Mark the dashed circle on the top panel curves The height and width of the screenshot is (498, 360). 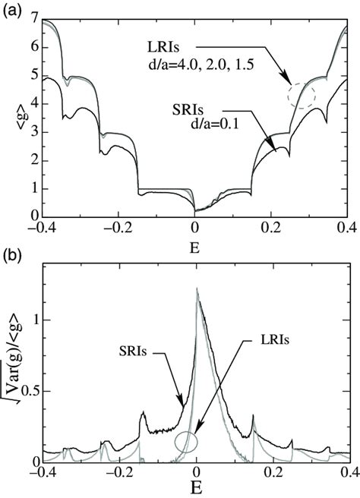coord(302,96)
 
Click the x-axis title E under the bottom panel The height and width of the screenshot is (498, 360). coord(196,490)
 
